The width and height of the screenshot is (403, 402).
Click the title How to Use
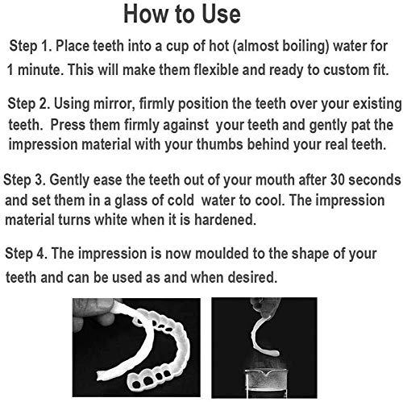click(x=201, y=15)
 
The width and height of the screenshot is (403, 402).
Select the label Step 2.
click(x=34, y=103)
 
